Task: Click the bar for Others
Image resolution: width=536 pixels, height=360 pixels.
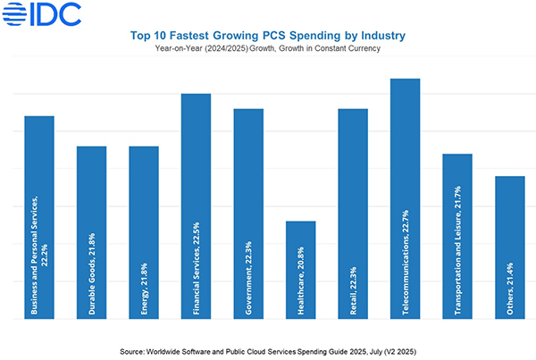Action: [x=510, y=214]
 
